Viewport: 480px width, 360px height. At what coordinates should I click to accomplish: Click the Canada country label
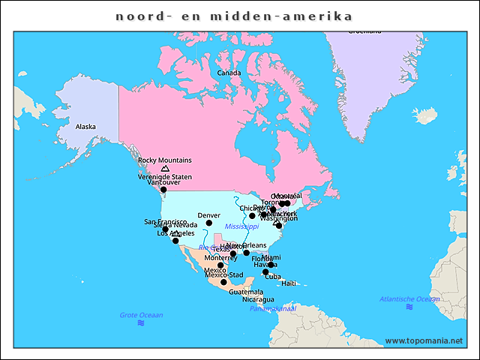click(229, 73)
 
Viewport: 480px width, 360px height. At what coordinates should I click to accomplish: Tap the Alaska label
click(85, 127)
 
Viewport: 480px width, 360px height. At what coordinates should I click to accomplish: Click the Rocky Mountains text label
click(165, 160)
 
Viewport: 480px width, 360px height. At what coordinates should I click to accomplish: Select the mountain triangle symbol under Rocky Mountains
click(165, 169)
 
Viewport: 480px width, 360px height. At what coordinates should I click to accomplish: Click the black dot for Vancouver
click(163, 190)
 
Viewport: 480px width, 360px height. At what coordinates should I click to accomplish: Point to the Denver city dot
click(209, 223)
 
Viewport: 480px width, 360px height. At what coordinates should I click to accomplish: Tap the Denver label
click(208, 215)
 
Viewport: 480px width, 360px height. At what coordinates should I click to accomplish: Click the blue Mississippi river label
click(241, 226)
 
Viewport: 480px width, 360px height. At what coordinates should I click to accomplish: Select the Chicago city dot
click(253, 216)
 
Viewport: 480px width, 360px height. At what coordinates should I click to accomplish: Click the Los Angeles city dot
click(175, 241)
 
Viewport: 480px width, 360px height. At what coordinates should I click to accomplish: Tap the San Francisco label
click(165, 222)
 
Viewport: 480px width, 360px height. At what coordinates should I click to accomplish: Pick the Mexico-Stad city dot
click(223, 282)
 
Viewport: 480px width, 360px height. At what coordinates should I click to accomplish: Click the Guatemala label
click(246, 292)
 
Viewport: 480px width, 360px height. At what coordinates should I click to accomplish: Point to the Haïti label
click(289, 283)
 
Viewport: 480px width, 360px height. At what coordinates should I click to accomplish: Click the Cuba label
click(273, 277)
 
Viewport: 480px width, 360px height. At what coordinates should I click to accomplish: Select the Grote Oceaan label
click(141, 315)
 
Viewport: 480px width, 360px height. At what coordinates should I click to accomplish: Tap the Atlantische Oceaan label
click(409, 299)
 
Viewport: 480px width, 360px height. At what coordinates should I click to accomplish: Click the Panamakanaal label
click(273, 308)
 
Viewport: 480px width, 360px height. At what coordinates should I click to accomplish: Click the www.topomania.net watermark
click(424, 340)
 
